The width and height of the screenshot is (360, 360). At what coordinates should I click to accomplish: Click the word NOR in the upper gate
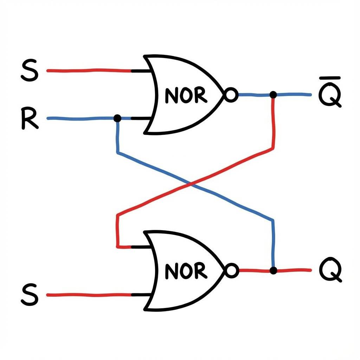pos(186,95)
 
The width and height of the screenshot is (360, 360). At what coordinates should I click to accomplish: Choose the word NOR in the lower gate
pos(186,271)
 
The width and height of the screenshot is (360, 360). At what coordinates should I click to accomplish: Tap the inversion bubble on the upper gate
pos(231,95)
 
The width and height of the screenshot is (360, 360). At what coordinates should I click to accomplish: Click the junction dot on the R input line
pos(117,118)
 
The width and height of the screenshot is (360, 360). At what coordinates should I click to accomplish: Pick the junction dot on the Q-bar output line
pos(273,95)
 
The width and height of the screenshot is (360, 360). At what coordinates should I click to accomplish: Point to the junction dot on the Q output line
pos(273,270)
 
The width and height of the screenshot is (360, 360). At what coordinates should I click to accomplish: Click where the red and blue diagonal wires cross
pos(190,184)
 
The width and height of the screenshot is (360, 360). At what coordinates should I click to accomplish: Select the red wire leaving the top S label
pos(88,71)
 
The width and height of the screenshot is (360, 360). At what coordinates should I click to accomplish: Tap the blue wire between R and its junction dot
pos(81,118)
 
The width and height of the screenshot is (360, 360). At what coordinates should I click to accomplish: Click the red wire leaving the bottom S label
pos(88,295)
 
